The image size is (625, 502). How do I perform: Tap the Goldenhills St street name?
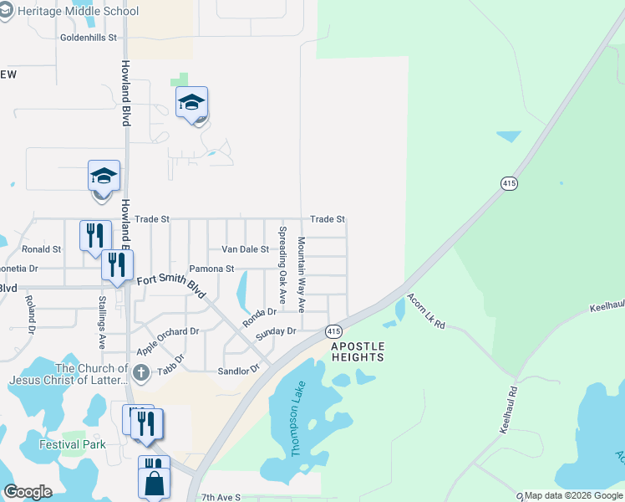[x=91, y=38]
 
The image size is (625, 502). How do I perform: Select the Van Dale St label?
[x=245, y=249]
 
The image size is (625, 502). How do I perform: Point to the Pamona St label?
[x=211, y=269]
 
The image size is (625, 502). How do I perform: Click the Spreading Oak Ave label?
[x=282, y=264]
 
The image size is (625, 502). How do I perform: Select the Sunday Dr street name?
[x=277, y=332]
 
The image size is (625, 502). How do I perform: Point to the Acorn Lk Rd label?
[x=426, y=310]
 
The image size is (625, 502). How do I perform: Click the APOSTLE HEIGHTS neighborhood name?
[x=358, y=351]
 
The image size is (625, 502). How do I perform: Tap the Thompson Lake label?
[x=298, y=418]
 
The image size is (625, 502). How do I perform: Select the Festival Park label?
[x=73, y=444]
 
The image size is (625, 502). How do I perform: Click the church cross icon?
[x=141, y=372]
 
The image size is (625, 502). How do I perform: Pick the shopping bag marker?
[x=155, y=483]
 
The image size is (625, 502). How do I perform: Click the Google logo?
[x=28, y=492]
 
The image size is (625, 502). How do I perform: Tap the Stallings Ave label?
[x=102, y=321]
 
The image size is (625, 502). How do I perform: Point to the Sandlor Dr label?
[x=239, y=371]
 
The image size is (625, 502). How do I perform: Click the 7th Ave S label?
[x=221, y=497]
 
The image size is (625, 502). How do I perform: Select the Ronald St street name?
[x=42, y=249]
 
